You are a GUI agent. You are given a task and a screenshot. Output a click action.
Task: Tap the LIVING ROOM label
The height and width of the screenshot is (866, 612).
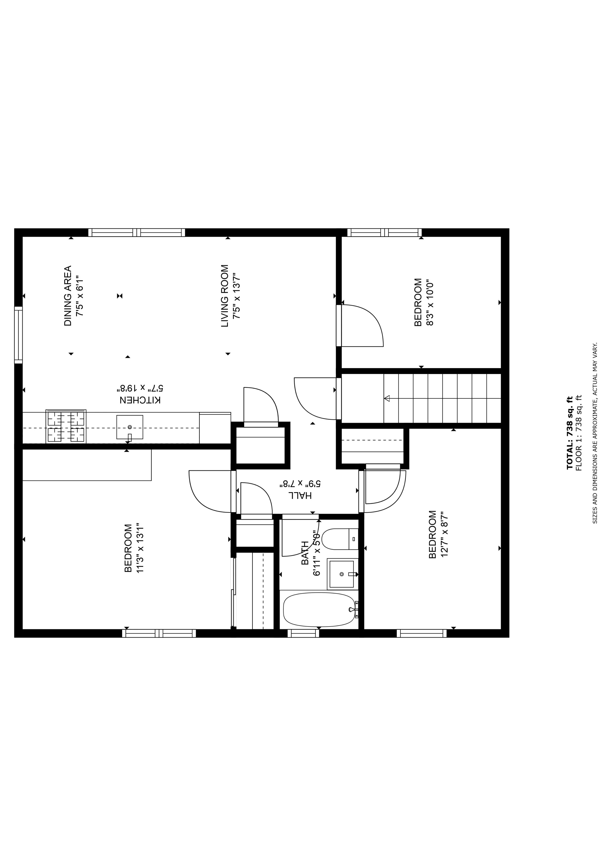(x=225, y=296)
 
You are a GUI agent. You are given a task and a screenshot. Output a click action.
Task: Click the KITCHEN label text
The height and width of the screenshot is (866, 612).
(x=140, y=400)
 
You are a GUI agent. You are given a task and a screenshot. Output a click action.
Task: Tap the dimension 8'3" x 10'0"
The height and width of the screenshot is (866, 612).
(x=430, y=302)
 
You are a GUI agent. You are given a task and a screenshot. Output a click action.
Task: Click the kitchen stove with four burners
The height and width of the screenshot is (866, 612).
(x=66, y=427)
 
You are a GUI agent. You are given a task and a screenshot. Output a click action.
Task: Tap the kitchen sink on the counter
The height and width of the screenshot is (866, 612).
(x=130, y=427)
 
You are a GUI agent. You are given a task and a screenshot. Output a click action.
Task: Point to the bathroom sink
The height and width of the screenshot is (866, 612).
(x=342, y=574)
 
